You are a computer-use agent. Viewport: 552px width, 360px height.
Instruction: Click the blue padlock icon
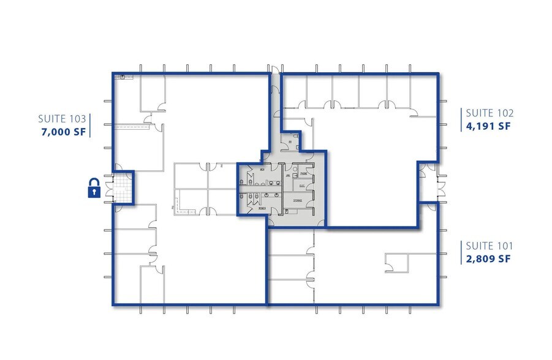click(x=94, y=188)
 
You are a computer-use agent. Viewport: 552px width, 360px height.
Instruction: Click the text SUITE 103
click(x=62, y=118)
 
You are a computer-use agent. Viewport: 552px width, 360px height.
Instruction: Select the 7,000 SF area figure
click(x=62, y=131)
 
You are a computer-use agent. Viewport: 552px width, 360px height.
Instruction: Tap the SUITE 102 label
click(x=490, y=113)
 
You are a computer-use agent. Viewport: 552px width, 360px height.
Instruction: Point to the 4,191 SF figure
click(x=488, y=127)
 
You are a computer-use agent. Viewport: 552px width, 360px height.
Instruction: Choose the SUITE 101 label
click(x=490, y=246)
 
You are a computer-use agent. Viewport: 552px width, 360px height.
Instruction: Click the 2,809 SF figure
click(x=488, y=259)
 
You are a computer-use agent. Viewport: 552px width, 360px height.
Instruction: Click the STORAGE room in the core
click(x=298, y=200)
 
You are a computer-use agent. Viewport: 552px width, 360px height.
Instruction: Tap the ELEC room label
click(x=302, y=186)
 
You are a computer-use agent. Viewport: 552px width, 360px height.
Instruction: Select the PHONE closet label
click(x=304, y=174)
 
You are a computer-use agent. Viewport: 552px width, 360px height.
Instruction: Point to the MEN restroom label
click(x=262, y=168)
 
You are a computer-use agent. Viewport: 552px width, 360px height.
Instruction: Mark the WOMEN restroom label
click(x=262, y=208)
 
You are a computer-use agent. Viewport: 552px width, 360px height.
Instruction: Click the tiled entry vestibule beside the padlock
click(x=124, y=187)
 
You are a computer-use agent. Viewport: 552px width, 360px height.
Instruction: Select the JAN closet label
click(x=288, y=176)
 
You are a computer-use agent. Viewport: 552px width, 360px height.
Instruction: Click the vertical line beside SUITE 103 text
click(x=91, y=124)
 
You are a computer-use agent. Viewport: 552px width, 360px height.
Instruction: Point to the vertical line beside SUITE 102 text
click(x=461, y=120)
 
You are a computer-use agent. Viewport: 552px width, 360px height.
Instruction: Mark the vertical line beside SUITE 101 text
click(x=461, y=252)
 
